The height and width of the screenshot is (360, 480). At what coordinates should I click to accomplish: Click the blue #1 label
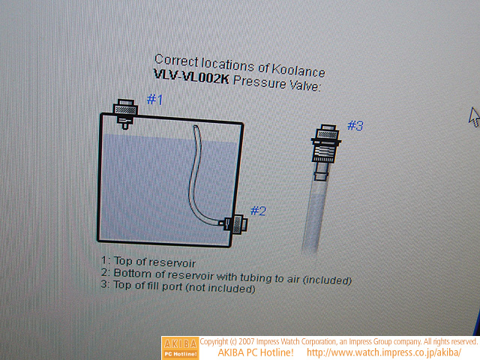pos(155,100)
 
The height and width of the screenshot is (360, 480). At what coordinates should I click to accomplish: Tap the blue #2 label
pos(258,211)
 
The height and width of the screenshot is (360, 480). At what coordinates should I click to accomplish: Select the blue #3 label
pos(355,125)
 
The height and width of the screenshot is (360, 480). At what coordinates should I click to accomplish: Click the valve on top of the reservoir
pos(125,113)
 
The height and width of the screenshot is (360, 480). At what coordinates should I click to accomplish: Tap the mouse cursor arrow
pos(474,117)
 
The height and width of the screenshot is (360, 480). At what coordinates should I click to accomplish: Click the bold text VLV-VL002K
pos(191,76)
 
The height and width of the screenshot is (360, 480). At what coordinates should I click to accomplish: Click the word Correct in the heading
pos(177,60)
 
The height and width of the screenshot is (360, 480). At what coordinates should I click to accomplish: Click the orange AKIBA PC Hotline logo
pos(180,348)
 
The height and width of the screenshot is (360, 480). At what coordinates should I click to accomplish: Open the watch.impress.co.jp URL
pos(384,352)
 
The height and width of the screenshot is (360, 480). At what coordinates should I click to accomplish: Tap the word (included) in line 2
pos(327,280)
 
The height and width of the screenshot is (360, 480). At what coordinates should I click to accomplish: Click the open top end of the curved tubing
pos(196,127)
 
